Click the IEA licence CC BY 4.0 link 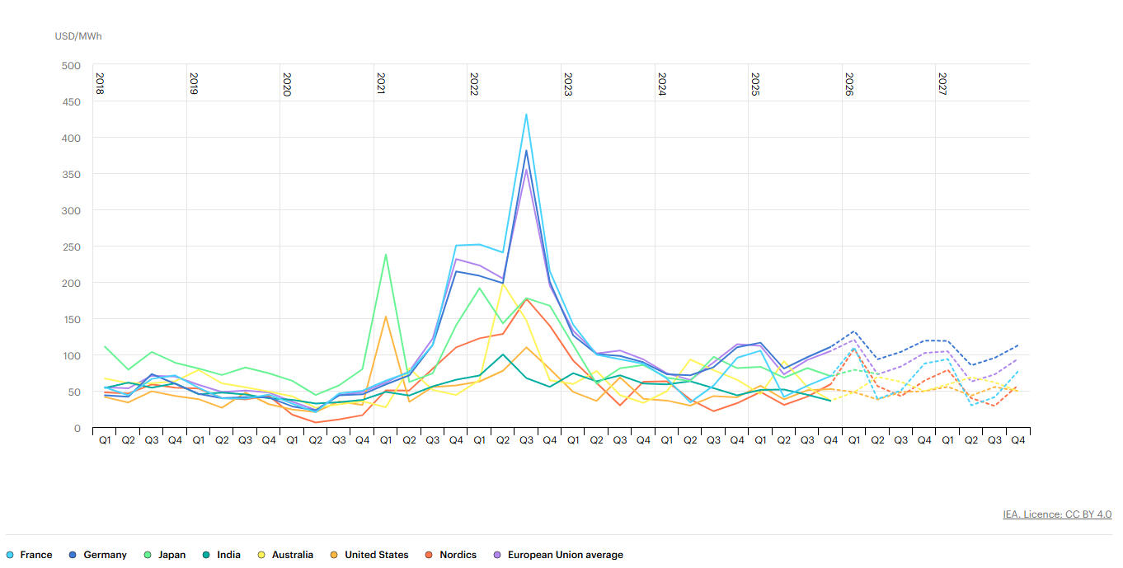coord(1057,514)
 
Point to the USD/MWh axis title coord(78,36)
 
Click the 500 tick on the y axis coord(72,66)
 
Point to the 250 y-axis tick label coord(72,247)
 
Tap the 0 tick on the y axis coord(78,429)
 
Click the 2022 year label coord(474,84)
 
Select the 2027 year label coord(942,84)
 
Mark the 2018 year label coord(100,84)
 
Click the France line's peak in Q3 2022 coord(526,115)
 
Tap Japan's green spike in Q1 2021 coord(386,255)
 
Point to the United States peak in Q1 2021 coord(386,317)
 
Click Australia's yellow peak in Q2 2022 coord(503,284)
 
